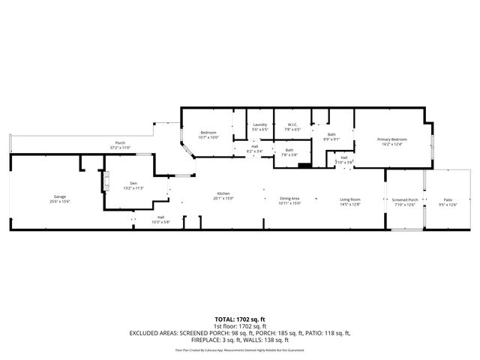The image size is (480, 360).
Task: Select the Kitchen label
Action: tap(223, 196)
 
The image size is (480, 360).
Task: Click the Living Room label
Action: tap(350, 201)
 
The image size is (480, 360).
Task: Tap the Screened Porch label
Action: tap(405, 202)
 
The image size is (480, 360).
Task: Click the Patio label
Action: tap(447, 202)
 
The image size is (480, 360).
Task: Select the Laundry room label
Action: tap(260, 127)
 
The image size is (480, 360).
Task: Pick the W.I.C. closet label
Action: tap(292, 127)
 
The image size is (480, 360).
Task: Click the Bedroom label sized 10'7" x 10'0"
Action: tap(208, 135)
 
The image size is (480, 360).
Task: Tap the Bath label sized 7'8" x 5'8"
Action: tap(289, 152)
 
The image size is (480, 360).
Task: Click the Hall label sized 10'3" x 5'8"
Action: tap(160, 220)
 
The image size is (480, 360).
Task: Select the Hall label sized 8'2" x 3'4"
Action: tap(254, 149)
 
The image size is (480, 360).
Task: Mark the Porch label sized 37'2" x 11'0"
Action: tap(120, 145)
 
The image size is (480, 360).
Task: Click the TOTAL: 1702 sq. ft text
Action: tap(240, 319)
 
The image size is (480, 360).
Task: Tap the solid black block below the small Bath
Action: tap(304, 166)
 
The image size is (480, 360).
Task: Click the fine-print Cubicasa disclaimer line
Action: tap(240, 349)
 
